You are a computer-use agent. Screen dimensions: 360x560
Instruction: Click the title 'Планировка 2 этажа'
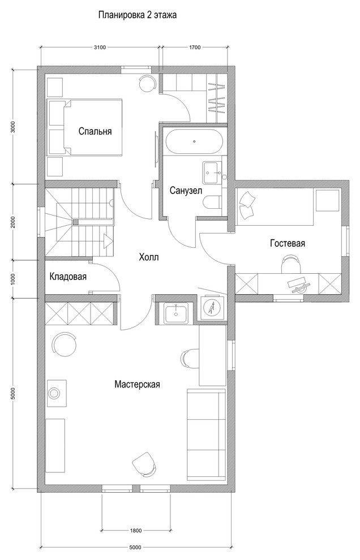click(x=138, y=16)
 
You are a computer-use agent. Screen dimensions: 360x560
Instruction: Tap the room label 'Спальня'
click(x=95, y=131)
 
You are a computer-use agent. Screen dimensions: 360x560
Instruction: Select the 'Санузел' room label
click(x=186, y=191)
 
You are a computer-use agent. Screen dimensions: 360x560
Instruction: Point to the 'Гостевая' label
click(x=288, y=243)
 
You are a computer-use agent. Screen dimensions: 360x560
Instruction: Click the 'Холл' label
click(x=148, y=257)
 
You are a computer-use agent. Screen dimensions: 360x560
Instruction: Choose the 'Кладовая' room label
click(x=68, y=277)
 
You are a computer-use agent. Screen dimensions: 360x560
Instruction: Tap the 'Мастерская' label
click(x=138, y=384)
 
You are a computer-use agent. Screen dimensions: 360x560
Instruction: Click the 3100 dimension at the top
click(x=100, y=47)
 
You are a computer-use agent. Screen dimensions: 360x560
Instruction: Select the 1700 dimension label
click(x=195, y=47)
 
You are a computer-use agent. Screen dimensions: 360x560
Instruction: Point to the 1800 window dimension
click(x=136, y=530)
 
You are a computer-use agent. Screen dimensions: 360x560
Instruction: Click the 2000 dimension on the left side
click(x=13, y=222)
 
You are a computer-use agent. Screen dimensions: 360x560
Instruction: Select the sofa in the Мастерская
click(x=206, y=435)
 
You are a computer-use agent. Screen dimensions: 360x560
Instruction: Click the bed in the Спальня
click(x=85, y=127)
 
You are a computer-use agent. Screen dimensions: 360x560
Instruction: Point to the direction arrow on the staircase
click(x=107, y=241)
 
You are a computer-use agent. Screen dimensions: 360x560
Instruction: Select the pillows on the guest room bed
click(x=247, y=204)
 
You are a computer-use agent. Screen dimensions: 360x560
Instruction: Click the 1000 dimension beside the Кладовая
click(x=13, y=278)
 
